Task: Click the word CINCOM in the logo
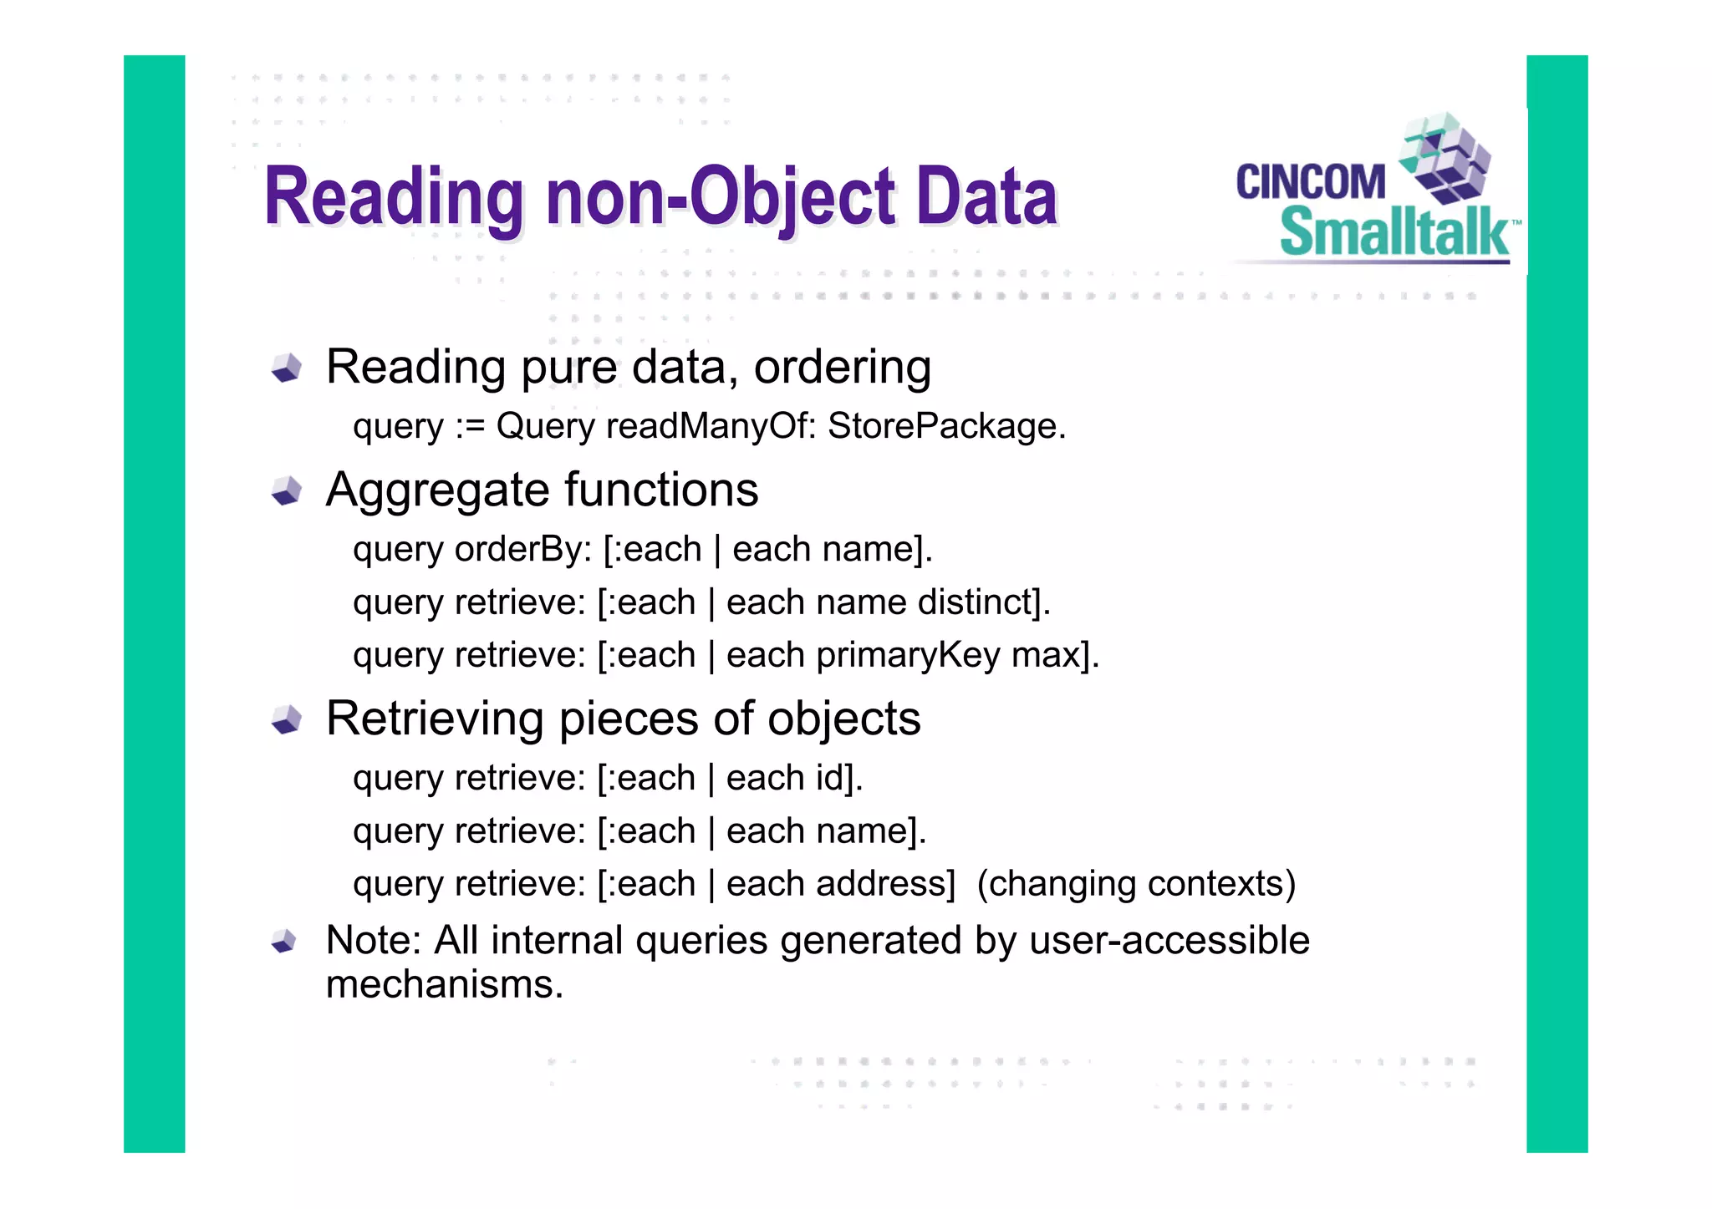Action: click(x=1310, y=182)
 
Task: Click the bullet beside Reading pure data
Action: click(x=287, y=368)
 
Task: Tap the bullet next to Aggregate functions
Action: click(x=287, y=490)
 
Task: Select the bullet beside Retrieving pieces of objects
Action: click(x=287, y=719)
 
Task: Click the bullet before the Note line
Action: click(x=284, y=942)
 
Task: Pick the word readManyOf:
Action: click(x=711, y=426)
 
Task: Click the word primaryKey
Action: click(x=908, y=656)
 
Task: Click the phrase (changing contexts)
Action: click(x=1136, y=884)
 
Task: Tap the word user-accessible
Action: click(x=1169, y=941)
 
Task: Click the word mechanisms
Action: click(x=443, y=984)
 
